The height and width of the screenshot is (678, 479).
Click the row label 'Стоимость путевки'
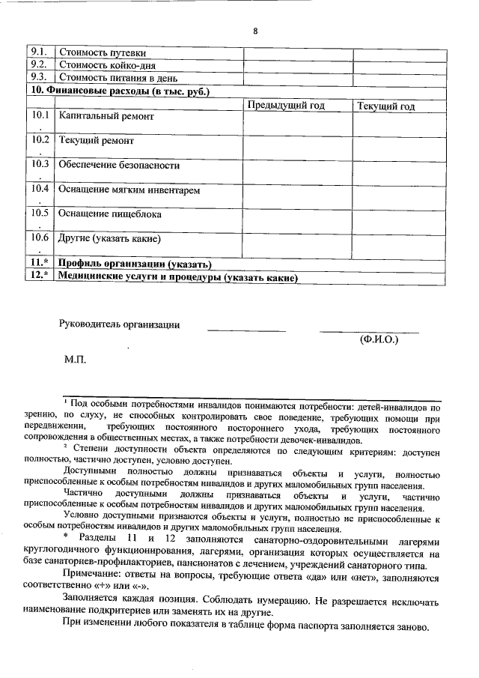pos(102,53)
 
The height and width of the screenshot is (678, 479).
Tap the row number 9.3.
pos(40,77)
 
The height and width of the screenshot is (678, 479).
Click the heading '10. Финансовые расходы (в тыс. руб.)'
pos(120,91)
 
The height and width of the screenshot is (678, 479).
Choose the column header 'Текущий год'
pos(386,106)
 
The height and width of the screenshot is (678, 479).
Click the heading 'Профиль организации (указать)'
pos(135,264)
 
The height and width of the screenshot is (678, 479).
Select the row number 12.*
pos(40,276)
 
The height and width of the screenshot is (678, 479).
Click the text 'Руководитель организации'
pos(120,324)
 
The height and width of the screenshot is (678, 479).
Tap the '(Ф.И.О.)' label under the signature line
pos(379,339)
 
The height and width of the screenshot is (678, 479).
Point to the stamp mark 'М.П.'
pos(76,360)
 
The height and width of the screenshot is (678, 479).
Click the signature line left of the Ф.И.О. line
pos(246,330)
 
